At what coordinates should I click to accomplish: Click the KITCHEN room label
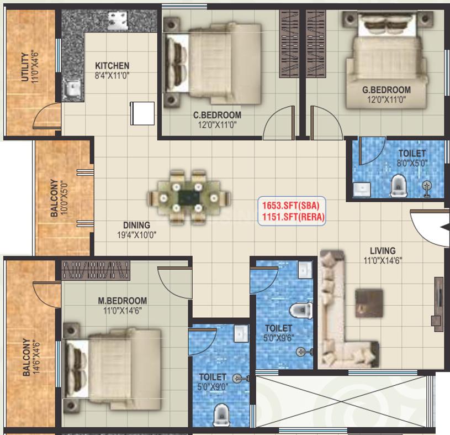[x=112, y=66]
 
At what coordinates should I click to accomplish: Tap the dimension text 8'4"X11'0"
[x=112, y=76]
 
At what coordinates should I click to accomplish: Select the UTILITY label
[x=25, y=67]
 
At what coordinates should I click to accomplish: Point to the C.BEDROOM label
[x=217, y=115]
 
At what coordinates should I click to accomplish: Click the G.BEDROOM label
[x=387, y=90]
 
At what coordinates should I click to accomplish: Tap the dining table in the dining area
[x=189, y=197]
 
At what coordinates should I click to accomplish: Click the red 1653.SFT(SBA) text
[x=291, y=206]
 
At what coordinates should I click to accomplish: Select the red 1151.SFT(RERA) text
[x=293, y=217]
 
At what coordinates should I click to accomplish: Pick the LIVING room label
[x=383, y=250]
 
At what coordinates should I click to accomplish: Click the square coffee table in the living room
[x=369, y=303]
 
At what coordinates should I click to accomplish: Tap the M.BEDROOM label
[x=123, y=301]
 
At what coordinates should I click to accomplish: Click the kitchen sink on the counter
[x=73, y=88]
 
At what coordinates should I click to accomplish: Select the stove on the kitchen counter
[x=118, y=20]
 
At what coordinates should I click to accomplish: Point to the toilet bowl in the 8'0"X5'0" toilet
[x=399, y=186]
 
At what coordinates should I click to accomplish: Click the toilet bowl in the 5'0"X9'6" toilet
[x=300, y=310]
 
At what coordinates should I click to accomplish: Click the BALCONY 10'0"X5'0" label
[x=59, y=198]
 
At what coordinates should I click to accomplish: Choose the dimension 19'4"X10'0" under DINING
[x=136, y=235]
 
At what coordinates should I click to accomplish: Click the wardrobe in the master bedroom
[x=96, y=270]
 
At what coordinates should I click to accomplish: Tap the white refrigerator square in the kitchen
[x=142, y=113]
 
